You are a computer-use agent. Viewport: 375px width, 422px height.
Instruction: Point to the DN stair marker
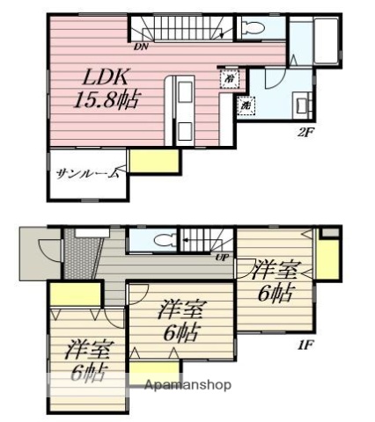click(x=141, y=46)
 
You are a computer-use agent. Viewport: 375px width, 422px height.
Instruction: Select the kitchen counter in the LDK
click(x=184, y=107)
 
